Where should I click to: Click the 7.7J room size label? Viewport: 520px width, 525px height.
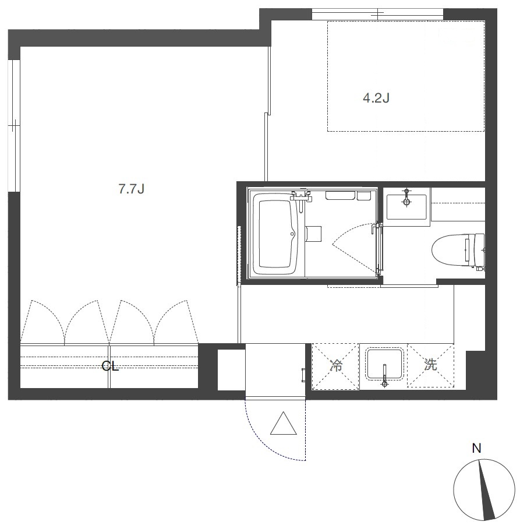click(x=131, y=189)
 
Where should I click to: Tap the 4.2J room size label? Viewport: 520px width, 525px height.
click(x=376, y=98)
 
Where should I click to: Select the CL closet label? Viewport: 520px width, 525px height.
click(x=110, y=367)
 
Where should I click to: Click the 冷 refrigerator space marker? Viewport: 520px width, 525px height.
click(x=335, y=365)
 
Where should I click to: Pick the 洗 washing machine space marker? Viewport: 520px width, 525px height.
click(x=430, y=365)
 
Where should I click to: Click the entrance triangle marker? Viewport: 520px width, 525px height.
click(x=284, y=424)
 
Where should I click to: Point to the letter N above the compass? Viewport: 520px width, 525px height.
click(x=476, y=448)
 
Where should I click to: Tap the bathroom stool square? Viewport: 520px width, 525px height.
click(x=313, y=234)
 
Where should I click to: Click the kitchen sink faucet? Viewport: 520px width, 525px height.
click(x=384, y=376)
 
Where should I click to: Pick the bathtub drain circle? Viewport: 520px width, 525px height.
click(x=292, y=234)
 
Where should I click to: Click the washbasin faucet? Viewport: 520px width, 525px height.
click(x=406, y=198)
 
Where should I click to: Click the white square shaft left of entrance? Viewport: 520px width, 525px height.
click(x=232, y=370)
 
